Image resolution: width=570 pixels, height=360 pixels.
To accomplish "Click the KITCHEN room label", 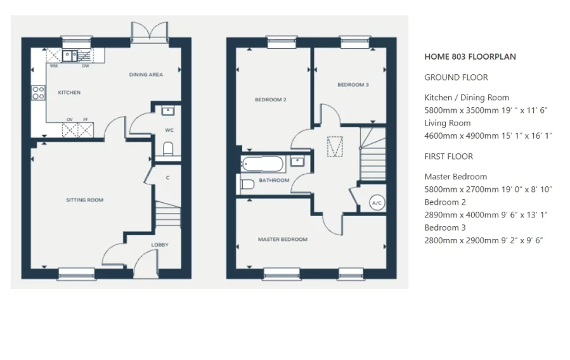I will (x=69, y=93).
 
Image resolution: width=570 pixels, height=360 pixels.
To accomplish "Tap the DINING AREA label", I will (x=146, y=75).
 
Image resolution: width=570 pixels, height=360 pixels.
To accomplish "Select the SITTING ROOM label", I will (x=84, y=200).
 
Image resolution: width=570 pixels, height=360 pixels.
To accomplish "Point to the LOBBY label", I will (x=159, y=245).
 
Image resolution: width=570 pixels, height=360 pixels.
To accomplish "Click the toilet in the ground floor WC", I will (x=168, y=149).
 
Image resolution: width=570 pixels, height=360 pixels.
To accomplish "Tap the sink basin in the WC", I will (x=168, y=112).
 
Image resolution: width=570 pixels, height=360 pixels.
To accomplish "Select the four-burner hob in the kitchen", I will (x=38, y=93).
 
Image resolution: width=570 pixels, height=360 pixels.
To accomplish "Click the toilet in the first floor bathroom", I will (x=248, y=184).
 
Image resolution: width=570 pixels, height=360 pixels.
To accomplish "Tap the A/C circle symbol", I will (x=377, y=202).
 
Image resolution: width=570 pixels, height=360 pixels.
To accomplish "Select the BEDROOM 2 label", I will (x=271, y=100).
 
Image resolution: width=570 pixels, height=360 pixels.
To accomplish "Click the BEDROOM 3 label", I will (x=353, y=85).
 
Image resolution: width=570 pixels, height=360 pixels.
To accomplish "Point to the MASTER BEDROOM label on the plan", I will (x=282, y=240).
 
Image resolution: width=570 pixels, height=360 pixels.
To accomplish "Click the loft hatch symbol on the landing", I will (x=334, y=147).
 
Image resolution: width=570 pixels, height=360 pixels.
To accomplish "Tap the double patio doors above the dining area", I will (x=150, y=32).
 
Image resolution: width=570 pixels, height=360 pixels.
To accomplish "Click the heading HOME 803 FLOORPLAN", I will (x=470, y=56).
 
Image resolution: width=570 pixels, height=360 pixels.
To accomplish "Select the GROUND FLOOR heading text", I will (x=456, y=77).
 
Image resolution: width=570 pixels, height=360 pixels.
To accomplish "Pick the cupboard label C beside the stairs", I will (x=167, y=178).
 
